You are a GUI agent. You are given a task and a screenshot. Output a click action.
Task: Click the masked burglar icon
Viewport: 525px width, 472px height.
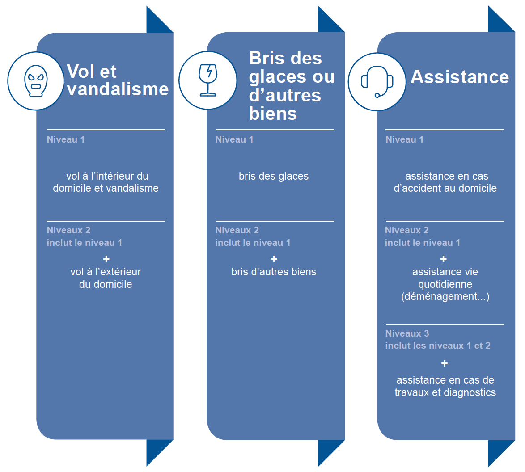36,81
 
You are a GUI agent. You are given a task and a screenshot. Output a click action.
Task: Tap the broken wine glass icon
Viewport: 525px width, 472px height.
208,80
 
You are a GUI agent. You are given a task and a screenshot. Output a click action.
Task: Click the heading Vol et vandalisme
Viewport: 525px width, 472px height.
118,80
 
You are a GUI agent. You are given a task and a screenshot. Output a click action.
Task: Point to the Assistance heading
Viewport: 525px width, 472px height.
460,77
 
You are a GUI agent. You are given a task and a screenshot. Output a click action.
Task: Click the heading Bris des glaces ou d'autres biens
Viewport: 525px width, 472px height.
292,86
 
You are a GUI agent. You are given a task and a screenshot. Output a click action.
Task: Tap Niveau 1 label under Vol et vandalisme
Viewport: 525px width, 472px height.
66,139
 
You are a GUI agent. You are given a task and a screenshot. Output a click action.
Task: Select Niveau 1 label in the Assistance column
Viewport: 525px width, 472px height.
404,139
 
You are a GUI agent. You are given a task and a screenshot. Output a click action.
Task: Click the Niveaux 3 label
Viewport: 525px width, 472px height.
407,333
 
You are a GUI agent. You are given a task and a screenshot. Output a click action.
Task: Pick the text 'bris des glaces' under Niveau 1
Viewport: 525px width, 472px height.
274,176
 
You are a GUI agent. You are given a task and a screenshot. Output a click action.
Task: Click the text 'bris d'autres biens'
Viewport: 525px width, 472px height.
274,272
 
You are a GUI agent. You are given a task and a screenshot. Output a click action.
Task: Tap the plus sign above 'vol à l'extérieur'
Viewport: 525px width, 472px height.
106,259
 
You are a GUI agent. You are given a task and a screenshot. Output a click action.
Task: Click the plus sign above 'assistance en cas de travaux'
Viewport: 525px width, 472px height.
445,363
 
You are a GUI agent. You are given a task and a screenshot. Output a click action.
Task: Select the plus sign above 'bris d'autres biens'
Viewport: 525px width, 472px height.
274,259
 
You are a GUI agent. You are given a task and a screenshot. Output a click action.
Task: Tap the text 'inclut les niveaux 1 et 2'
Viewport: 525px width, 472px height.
438,346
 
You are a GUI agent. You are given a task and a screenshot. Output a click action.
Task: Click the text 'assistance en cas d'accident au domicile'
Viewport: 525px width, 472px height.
445,182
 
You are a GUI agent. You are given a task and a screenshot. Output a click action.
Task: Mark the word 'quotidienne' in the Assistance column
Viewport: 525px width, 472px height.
445,284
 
